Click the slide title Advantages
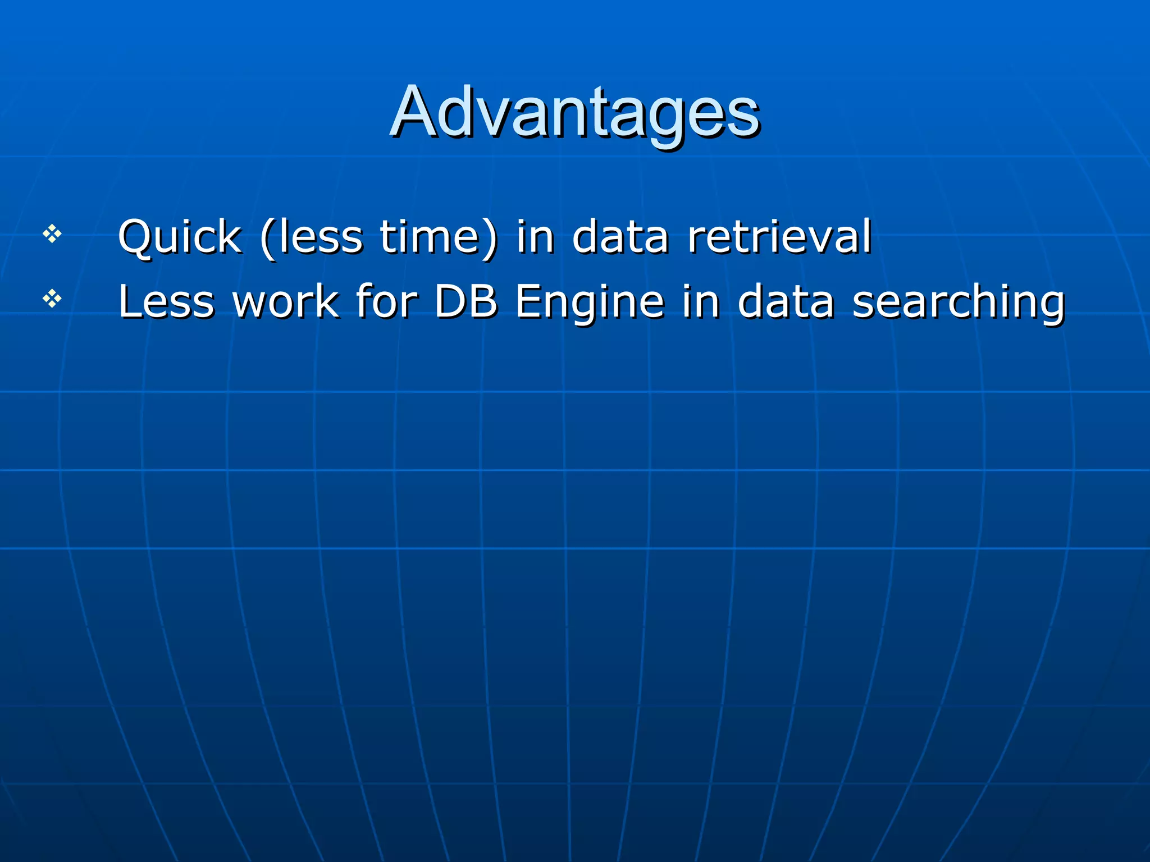(x=575, y=112)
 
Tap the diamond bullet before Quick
(x=52, y=233)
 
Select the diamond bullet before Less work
(x=52, y=299)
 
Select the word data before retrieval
(x=620, y=237)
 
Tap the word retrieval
(x=779, y=237)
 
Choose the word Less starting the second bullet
(x=166, y=302)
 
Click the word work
(x=286, y=302)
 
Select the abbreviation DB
(x=466, y=302)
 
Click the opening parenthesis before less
(x=267, y=239)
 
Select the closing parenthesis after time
(x=490, y=239)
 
